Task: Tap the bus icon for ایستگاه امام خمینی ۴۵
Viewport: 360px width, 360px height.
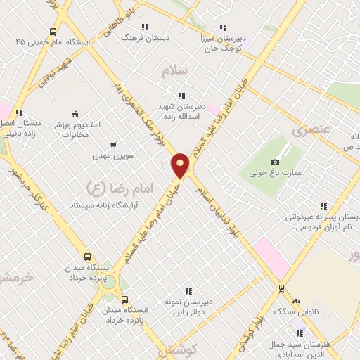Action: coord(53,32)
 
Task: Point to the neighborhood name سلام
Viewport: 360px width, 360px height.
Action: coord(176,72)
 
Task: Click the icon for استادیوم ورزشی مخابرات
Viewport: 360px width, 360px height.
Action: coord(75,115)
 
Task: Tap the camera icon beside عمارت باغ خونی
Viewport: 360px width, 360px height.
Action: coord(275,161)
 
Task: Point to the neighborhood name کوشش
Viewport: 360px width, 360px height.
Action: coord(181,349)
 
